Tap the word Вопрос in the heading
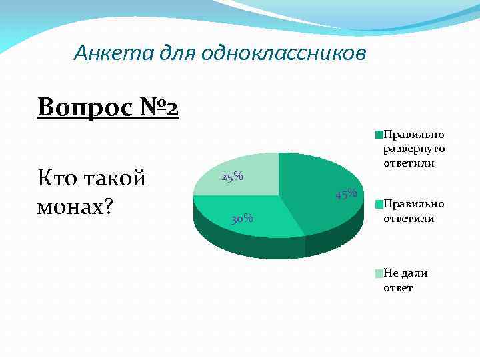(x=79, y=106)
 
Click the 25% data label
(x=232, y=177)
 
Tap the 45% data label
(x=347, y=194)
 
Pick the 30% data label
(x=242, y=218)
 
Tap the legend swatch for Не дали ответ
(x=379, y=273)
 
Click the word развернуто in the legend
(x=414, y=149)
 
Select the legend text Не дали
(x=405, y=273)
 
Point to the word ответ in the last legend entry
(x=398, y=288)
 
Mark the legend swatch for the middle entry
(x=379, y=203)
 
